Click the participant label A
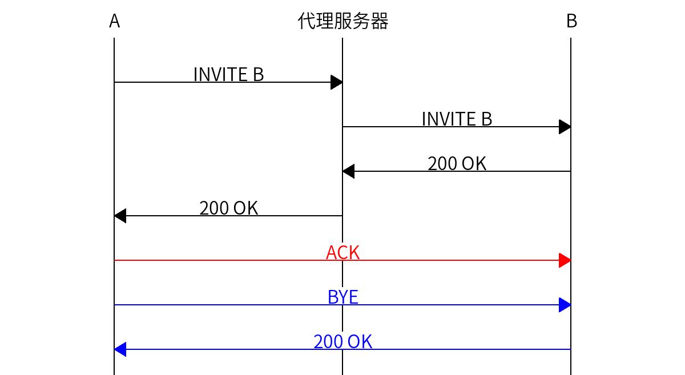point(114,21)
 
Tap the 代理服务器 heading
point(342,21)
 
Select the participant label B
point(571,21)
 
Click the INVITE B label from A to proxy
point(228,74)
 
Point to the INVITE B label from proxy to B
point(457,119)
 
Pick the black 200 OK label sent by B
point(457,163)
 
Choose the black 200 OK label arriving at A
point(228,208)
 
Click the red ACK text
point(342,252)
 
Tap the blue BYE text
point(342,297)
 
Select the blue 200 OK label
point(342,341)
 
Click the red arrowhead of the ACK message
point(565,260)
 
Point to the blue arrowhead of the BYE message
point(565,305)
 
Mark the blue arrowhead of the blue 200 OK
point(120,349)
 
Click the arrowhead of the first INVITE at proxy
point(337,82)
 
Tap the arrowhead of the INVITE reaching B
point(565,127)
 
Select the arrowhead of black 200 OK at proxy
point(348,171)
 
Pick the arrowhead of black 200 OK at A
point(120,216)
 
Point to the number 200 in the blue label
point(328,341)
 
